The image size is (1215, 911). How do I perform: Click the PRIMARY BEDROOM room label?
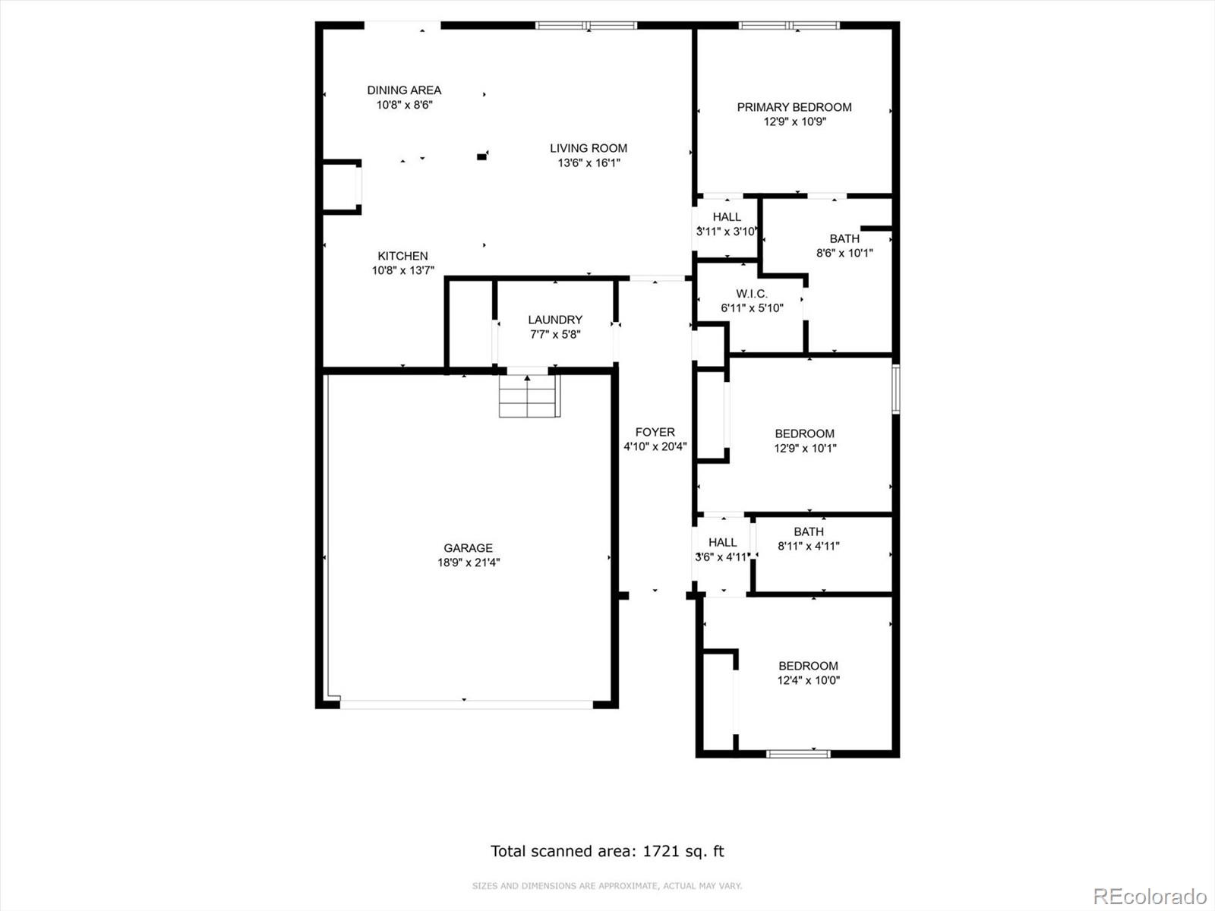pos(794,107)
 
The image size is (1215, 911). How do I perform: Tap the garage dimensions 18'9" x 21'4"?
pos(469,563)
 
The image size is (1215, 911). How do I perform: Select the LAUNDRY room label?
pos(555,320)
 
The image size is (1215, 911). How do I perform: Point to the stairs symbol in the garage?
pos(529,396)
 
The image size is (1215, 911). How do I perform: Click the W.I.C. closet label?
pos(752,294)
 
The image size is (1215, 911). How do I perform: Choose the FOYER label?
pos(655,432)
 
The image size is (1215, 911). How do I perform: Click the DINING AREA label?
pos(404,90)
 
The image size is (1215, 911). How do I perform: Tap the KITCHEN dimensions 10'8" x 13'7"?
pos(403,270)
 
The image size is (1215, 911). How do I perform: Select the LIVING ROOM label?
pos(589,148)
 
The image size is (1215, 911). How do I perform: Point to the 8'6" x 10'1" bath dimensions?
pos(844,253)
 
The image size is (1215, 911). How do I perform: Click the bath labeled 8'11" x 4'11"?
pos(809,531)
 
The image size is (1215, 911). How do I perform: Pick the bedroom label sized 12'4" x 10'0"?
pos(808,666)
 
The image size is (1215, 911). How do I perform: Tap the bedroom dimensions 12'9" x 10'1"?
pos(805,448)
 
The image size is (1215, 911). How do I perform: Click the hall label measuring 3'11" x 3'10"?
pos(727,217)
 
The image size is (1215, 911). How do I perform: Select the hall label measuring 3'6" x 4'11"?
pos(722,542)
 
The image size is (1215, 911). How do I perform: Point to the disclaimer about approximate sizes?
pos(607,886)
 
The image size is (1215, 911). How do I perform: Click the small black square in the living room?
pos(481,157)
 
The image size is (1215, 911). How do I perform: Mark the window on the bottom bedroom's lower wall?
pos(798,753)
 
